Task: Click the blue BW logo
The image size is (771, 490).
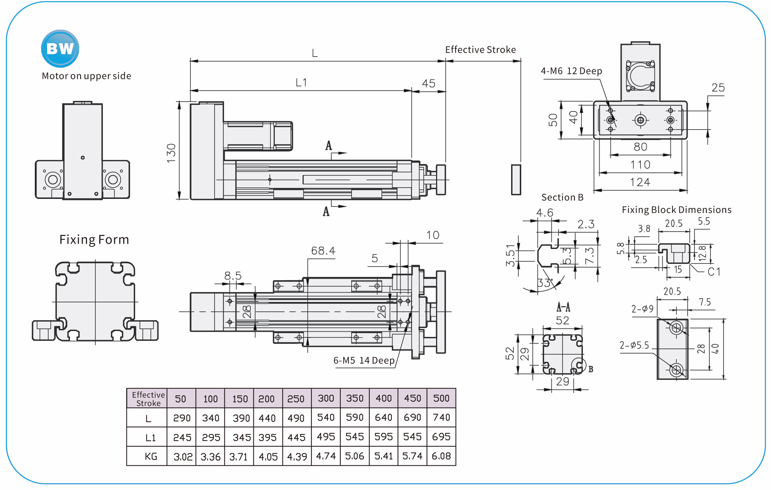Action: tap(60, 49)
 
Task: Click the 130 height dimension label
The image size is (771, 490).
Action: tap(171, 153)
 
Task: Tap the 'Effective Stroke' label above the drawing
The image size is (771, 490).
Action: tap(480, 50)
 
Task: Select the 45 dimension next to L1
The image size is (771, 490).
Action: tap(428, 83)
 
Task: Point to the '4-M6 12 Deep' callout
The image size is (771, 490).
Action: tap(571, 71)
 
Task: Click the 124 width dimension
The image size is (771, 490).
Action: tap(640, 182)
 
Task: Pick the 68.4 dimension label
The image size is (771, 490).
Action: tap(323, 251)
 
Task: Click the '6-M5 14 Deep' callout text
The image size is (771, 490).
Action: tap(364, 360)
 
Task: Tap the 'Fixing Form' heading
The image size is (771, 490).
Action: tap(94, 240)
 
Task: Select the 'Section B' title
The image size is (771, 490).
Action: tap(562, 197)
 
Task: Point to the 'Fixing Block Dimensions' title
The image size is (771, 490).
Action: tap(676, 210)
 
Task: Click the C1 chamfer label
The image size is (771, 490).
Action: tap(714, 271)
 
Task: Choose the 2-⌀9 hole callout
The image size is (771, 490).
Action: tap(642, 309)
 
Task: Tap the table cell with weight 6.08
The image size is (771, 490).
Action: tap(441, 456)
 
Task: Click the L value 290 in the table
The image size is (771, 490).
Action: tap(182, 418)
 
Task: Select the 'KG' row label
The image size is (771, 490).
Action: tap(151, 456)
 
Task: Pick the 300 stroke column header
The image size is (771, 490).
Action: tap(326, 398)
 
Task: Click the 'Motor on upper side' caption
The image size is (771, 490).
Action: tap(86, 76)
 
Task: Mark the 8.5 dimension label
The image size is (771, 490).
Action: tap(233, 276)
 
